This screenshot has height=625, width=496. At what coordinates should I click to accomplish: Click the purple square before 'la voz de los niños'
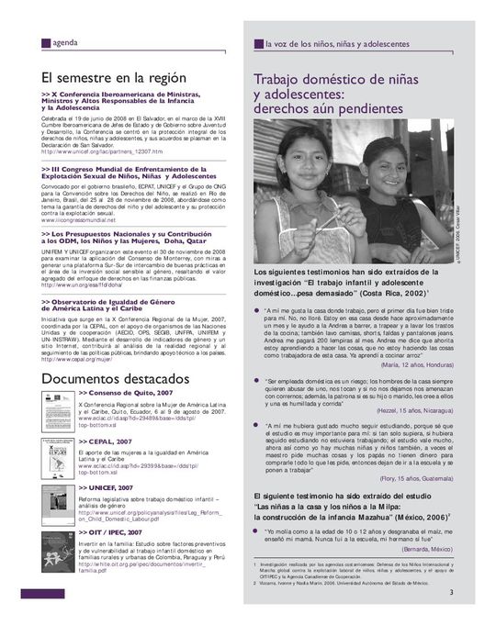pyautogui.click(x=258, y=44)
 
